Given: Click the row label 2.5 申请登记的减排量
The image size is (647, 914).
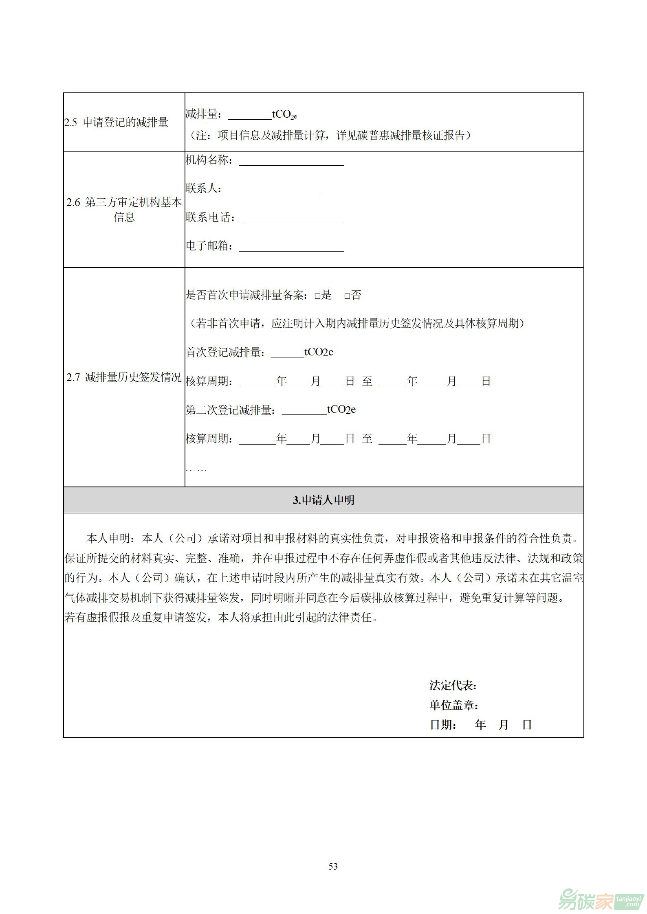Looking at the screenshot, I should point(117,123).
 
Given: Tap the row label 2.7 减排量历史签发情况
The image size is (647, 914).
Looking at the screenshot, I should point(124,377).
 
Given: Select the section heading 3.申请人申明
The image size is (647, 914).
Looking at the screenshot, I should point(323,500).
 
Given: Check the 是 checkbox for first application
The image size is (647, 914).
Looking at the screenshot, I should point(317,296).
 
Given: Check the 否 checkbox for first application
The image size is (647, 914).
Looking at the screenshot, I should point(347,296).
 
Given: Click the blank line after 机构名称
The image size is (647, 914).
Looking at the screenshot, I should point(291,162).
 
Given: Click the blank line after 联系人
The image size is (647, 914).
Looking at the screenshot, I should point(275,191).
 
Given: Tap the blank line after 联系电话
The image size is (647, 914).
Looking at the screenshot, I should point(293,219).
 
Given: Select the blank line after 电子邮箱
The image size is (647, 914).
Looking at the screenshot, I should point(291,248).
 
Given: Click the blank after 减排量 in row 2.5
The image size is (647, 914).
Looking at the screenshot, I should point(250,116).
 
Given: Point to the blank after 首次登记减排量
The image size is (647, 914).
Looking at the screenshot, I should point(287,354).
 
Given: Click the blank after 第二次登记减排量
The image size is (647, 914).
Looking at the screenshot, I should point(304,411).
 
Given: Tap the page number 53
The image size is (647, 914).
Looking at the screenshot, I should point(333,866).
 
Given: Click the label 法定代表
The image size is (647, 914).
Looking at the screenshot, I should point(453,686).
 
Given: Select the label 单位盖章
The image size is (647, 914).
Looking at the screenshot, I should point(453,705).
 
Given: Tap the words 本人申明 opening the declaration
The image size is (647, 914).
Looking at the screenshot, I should point(108,538).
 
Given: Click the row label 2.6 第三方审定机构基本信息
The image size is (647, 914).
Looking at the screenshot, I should point(124,209).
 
